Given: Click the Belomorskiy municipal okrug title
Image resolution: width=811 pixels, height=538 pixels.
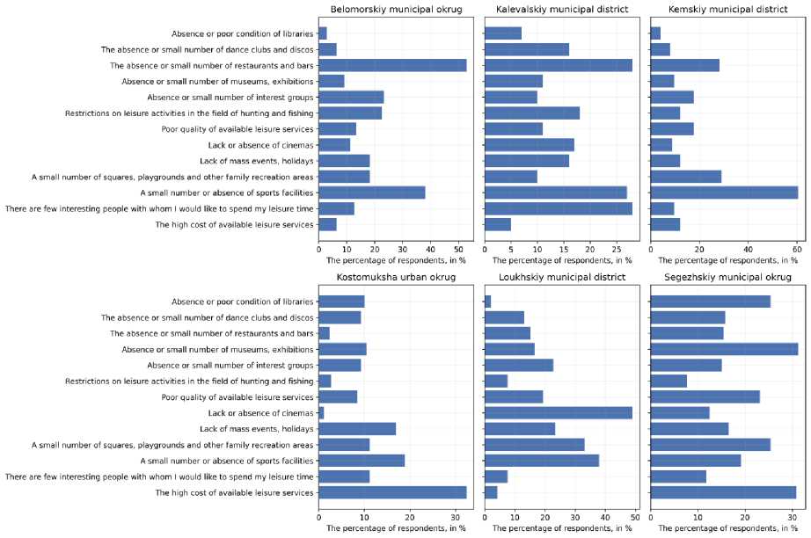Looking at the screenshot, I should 391,10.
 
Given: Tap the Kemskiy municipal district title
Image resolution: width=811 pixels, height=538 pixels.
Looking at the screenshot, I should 724,10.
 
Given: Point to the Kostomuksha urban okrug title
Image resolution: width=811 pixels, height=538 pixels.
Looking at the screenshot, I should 391,278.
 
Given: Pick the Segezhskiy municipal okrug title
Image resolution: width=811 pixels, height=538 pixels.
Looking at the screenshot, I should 724,278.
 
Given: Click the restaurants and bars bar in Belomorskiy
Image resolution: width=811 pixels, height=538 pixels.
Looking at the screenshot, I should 392,65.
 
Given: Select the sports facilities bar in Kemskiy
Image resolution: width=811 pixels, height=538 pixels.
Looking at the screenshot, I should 724,193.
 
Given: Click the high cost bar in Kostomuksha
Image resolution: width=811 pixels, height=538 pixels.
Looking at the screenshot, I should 392,492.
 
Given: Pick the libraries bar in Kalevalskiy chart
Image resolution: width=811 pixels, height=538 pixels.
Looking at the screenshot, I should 503,33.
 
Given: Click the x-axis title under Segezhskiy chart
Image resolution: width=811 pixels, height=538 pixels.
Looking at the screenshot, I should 724,528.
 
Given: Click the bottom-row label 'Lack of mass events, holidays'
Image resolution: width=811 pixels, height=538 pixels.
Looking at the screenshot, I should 256,429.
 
